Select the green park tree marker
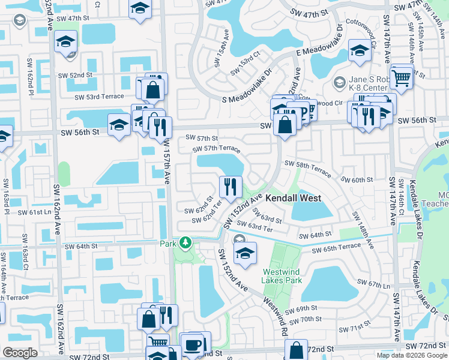(186, 243)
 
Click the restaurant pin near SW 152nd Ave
(229, 187)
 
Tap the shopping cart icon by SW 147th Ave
(401, 76)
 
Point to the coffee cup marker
(193, 345)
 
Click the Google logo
(20, 353)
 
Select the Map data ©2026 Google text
(412, 355)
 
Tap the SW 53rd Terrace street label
(100, 97)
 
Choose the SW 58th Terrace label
(307, 168)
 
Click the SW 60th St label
(357, 179)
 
